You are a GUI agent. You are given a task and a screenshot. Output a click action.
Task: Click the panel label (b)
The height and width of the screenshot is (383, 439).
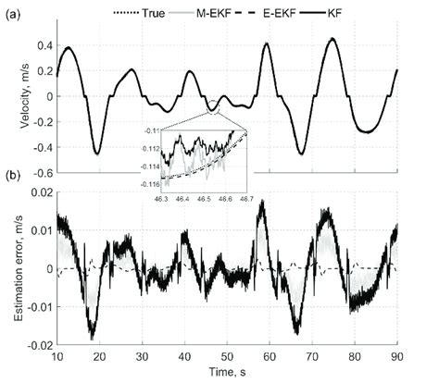click(17, 177)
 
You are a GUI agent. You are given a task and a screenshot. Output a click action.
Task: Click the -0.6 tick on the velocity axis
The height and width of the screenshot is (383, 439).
click(41, 173)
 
